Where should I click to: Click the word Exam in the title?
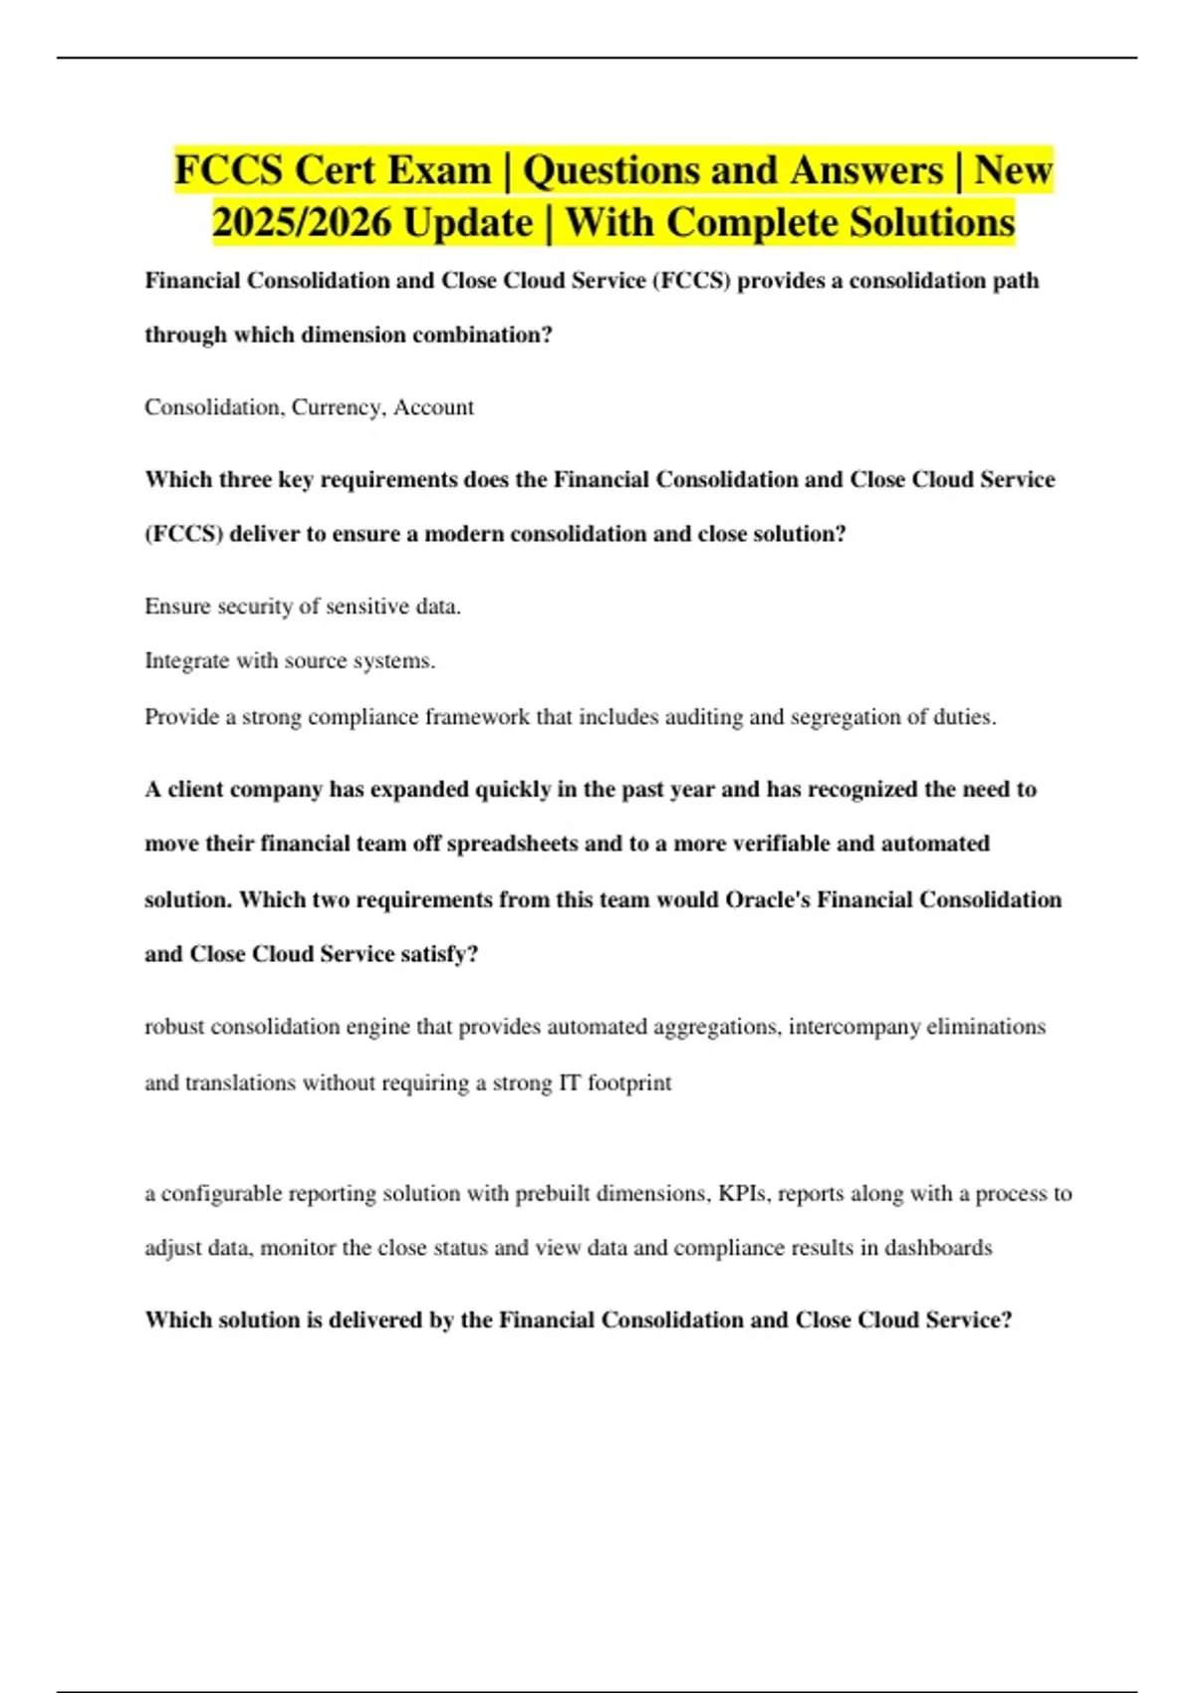tap(439, 170)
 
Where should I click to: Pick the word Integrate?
tap(187, 660)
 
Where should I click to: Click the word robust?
tap(174, 1027)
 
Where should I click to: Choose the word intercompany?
tap(853, 1027)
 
